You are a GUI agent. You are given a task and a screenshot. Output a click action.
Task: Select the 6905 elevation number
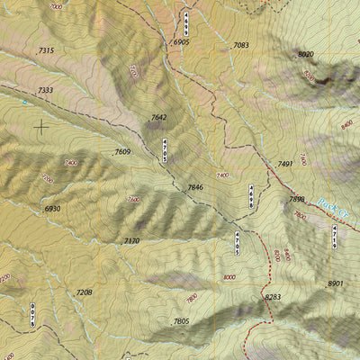[181, 42]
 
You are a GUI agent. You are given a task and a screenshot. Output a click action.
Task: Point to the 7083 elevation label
[240, 45]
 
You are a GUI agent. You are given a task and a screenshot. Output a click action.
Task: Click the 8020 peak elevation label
[305, 55]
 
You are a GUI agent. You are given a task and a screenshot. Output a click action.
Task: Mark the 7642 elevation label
[158, 118]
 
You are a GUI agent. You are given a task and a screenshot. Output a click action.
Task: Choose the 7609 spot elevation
[122, 152]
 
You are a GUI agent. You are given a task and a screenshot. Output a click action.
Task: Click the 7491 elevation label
[285, 164]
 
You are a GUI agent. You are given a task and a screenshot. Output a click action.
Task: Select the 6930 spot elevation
[52, 209]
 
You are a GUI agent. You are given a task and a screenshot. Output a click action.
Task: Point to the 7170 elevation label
[131, 241]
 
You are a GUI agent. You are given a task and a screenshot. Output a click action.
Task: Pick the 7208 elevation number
[84, 292]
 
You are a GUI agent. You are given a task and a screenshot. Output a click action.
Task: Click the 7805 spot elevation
[181, 321]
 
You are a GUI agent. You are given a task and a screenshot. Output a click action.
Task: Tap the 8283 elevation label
[273, 296]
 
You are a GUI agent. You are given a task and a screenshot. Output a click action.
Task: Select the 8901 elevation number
[336, 283]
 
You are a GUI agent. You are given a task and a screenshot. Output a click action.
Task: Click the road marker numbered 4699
[185, 22]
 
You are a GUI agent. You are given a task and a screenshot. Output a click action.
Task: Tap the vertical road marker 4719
[335, 237]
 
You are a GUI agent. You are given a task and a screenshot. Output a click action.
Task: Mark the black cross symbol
[40, 127]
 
